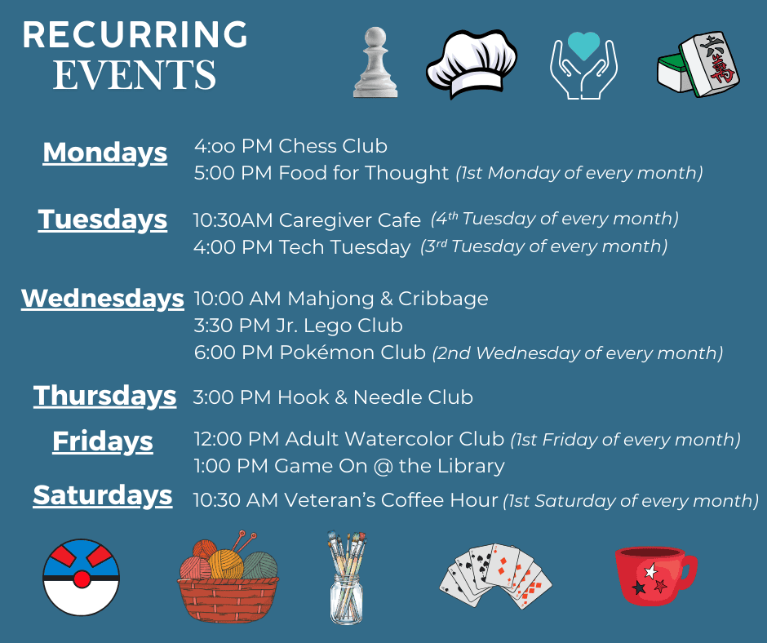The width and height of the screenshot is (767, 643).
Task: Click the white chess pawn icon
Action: pyautogui.click(x=375, y=63)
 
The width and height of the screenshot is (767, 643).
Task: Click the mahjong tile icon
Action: pyautogui.click(x=699, y=65)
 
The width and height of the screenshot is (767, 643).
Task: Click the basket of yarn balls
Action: pyautogui.click(x=228, y=575)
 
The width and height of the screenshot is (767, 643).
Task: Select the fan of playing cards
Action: pyautogui.click(x=495, y=576)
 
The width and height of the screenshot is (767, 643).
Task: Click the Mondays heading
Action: pyautogui.click(x=104, y=153)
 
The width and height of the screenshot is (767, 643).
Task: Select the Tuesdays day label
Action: pyautogui.click(x=103, y=220)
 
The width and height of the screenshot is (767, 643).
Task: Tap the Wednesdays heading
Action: pyautogui.click(x=103, y=298)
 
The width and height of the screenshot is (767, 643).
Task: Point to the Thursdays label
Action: pyautogui.click(x=104, y=396)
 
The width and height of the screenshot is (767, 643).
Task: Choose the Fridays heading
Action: pyautogui.click(x=103, y=441)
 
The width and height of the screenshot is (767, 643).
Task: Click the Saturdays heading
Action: pyautogui.click(x=103, y=495)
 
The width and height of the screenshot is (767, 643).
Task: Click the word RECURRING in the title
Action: pyautogui.click(x=135, y=35)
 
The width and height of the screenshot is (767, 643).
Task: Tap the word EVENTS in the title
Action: pyautogui.click(x=135, y=76)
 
